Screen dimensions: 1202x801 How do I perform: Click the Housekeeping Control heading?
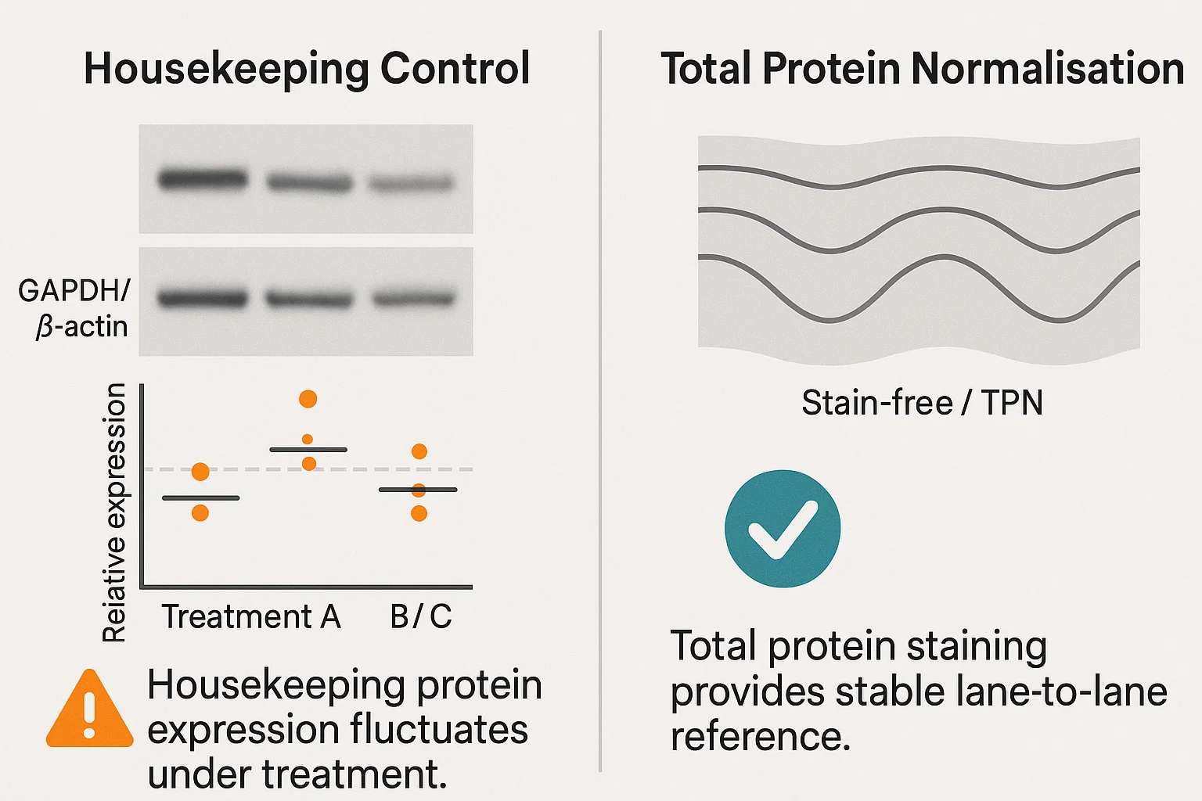pos(307,69)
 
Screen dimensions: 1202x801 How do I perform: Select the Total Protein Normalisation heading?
pos(923,69)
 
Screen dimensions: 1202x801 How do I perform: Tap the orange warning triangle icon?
pos(90,708)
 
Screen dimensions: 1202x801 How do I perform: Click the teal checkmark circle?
pos(783,529)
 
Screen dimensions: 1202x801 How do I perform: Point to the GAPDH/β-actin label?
pos(74,308)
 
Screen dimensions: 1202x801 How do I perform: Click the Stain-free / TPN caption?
pos(922,402)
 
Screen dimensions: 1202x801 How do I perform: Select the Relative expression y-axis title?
pos(113,512)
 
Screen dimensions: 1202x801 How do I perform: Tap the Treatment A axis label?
pos(251,616)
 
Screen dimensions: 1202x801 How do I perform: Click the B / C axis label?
pos(421,616)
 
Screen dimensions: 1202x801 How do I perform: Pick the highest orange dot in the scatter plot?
pos(308,399)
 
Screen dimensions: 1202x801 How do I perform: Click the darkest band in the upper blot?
pos(203,179)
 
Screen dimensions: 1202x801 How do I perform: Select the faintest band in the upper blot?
pos(412,184)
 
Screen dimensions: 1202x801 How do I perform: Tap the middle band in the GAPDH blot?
pos(309,299)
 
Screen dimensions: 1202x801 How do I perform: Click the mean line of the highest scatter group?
pos(308,450)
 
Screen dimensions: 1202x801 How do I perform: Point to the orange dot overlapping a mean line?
pos(419,490)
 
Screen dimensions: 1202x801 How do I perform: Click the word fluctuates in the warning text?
pos(438,730)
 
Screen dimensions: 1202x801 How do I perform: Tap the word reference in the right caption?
pos(761,736)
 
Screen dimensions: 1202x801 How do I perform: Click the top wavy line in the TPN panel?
pos(919,178)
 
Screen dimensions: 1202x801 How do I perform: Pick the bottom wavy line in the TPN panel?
pos(919,289)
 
